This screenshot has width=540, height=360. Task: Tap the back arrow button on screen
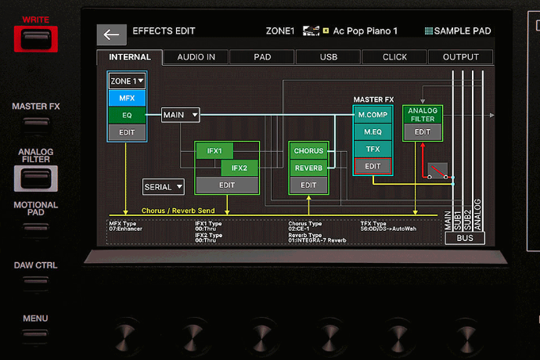[111, 34]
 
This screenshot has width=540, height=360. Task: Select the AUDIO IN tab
[196, 57]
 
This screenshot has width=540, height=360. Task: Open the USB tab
[329, 57]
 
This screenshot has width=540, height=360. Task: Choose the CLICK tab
[394, 57]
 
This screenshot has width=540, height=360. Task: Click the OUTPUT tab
[460, 57]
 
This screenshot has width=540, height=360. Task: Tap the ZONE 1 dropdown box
[127, 81]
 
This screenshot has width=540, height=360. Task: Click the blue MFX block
[127, 98]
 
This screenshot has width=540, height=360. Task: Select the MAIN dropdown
[180, 115]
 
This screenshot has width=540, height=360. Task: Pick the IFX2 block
[239, 167]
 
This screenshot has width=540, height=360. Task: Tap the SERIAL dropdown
[163, 186]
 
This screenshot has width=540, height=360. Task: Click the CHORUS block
[308, 151]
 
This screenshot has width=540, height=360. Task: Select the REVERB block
[308, 168]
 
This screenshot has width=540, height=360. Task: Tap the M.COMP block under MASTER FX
[373, 114]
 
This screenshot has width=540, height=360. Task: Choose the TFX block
[373, 149]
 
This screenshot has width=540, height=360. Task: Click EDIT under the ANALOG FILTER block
[423, 132]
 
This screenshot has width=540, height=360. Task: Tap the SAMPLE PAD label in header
[458, 31]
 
